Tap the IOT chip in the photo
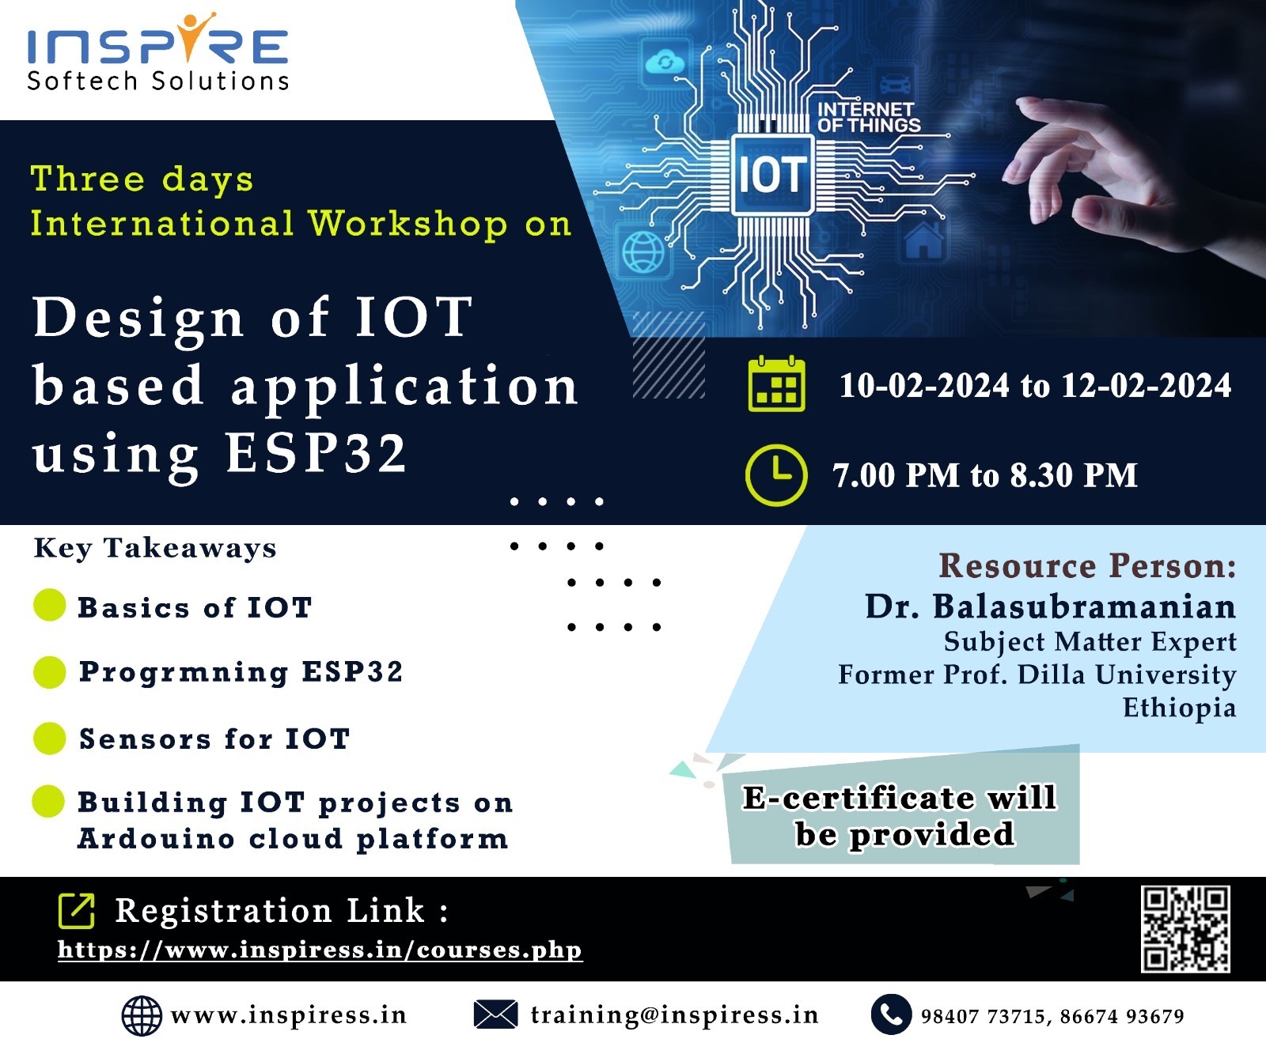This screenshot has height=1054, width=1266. coord(772,174)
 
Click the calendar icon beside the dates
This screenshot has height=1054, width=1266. coord(776,384)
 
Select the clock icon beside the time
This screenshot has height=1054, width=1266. coord(776,475)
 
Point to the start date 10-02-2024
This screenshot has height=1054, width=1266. coord(923,386)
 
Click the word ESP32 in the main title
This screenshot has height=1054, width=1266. coord(316,453)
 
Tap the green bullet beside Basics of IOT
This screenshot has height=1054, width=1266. coord(49,606)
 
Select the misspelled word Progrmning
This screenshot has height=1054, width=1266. coord(184,672)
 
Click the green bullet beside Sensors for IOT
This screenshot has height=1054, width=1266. coord(49,739)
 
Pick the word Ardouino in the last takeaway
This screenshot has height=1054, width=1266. coord(156,838)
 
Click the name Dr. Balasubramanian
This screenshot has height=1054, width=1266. coord(1050,606)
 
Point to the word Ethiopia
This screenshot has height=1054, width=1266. coord(1179,708)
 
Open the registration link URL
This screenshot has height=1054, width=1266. coord(320,950)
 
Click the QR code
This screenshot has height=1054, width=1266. coord(1185,929)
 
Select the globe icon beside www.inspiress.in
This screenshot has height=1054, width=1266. coord(142,1015)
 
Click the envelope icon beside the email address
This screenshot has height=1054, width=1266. coord(495,1014)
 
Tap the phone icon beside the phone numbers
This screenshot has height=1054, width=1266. coord(891,1014)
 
